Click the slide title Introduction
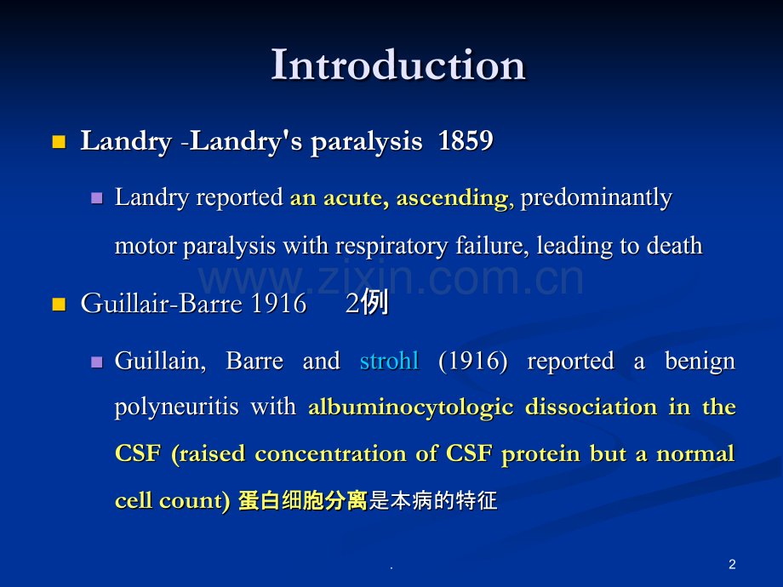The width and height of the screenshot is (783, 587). tap(398, 65)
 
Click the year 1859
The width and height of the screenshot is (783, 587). tap(466, 140)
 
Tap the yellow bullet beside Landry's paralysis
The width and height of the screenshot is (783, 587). tap(59, 142)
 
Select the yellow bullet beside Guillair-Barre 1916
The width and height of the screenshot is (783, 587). tap(59, 304)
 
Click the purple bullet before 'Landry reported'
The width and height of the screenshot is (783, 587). tap(97, 199)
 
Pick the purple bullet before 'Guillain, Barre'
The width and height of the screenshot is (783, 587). tap(97, 362)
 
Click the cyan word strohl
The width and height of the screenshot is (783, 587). tap(390, 361)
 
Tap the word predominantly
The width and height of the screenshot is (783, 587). tap(597, 198)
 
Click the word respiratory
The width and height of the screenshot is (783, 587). tap(391, 247)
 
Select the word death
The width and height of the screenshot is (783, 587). tap(674, 246)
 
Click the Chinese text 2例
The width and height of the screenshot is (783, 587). tap(367, 303)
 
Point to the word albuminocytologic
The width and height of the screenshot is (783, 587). tap(411, 407)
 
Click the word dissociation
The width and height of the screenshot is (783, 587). tap(592, 407)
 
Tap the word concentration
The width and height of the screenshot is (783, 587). tap(330, 453)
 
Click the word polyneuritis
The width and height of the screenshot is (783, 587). tap(176, 407)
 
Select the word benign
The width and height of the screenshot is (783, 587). tap(700, 362)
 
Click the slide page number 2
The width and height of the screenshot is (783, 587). tap(732, 565)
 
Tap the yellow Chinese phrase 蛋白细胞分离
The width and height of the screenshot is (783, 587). tap(303, 500)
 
